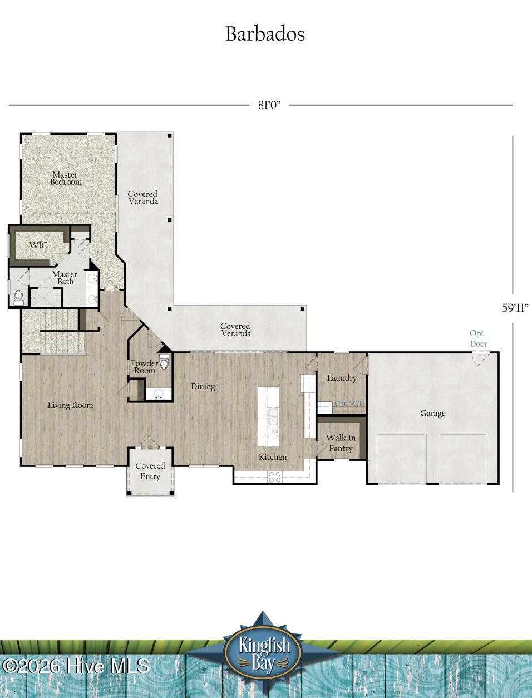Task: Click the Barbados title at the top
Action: (265, 34)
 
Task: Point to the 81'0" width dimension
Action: (269, 105)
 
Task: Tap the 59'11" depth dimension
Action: (515, 307)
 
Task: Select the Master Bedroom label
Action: (66, 178)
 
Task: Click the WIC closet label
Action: (38, 245)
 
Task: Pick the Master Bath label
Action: (65, 278)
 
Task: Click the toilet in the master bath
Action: (19, 298)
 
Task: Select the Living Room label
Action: (70, 405)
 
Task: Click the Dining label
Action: (203, 386)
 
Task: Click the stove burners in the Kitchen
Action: (275, 476)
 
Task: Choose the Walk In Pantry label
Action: (341, 443)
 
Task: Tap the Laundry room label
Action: (342, 378)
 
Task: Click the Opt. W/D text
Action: (349, 404)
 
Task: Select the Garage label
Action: (432, 414)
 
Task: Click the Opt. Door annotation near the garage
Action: (479, 338)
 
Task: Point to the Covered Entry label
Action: (150, 471)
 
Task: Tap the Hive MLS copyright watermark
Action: (75, 666)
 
